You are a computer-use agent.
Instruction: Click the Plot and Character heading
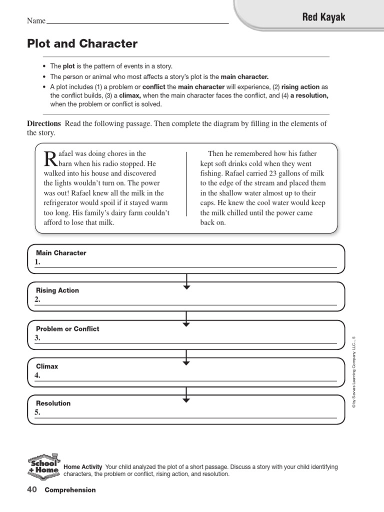82,44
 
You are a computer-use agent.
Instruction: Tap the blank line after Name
137,23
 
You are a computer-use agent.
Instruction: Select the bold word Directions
44,123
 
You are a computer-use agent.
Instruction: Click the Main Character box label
61,253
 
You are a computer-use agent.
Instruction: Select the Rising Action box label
57,290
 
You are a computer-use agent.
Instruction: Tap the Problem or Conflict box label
67,329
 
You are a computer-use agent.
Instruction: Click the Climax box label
47,366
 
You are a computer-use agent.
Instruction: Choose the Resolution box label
53,403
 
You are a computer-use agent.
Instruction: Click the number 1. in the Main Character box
37,262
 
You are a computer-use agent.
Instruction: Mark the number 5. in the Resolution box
37,413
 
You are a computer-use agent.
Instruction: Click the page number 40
32,490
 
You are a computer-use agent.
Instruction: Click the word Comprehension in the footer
70,490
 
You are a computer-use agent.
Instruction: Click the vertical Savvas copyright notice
353,372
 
